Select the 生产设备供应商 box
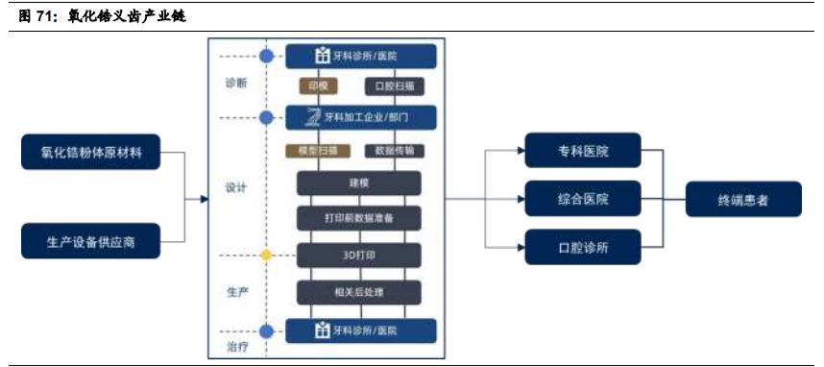[90, 241]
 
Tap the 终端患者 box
[743, 200]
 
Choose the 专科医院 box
[583, 152]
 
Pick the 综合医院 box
[583, 199]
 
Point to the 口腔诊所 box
[583, 247]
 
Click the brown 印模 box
[319, 86]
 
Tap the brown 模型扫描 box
[319, 151]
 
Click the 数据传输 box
[395, 151]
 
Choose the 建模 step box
[359, 183]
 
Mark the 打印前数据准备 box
[359, 218]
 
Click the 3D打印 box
[359, 255]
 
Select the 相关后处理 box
[359, 291]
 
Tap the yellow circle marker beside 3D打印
[266, 255]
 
